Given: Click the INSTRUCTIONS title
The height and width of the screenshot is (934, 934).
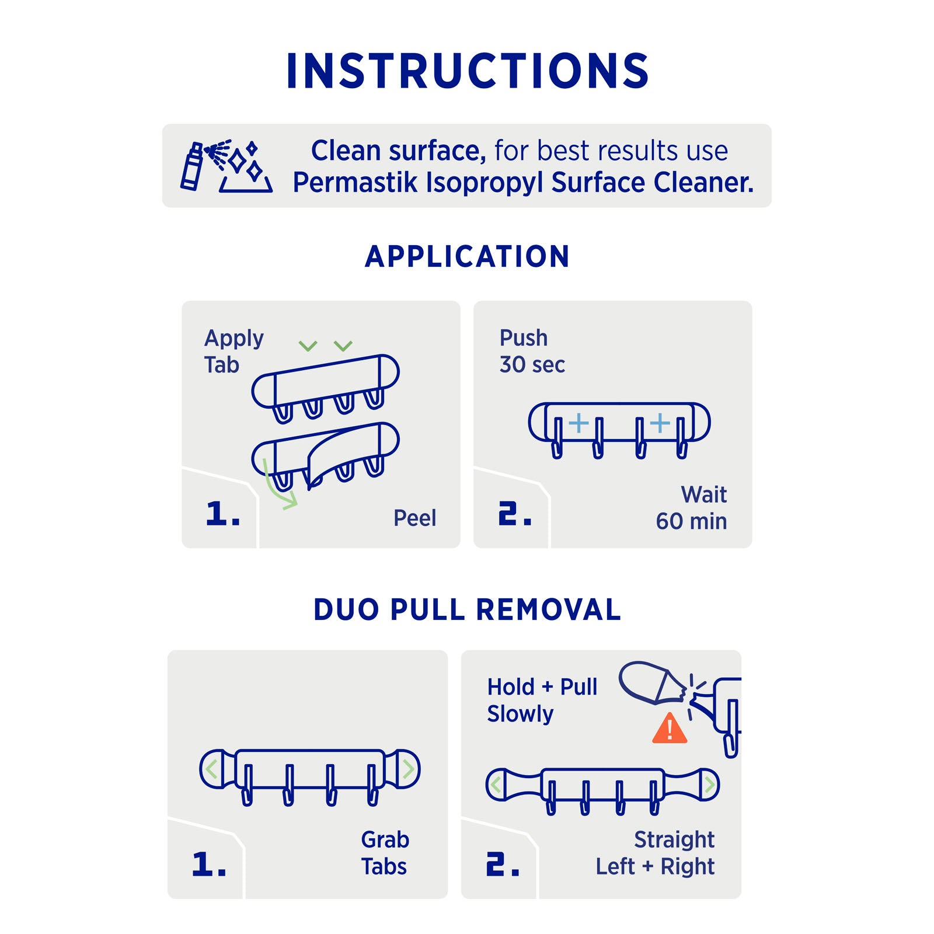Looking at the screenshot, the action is tap(467, 71).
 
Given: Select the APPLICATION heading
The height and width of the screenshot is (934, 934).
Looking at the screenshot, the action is tap(467, 257).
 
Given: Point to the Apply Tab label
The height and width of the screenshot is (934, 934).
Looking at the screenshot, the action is tap(233, 351).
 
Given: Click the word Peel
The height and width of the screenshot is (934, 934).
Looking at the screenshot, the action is tap(414, 518).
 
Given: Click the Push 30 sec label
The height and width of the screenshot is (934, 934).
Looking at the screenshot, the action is tap(532, 351).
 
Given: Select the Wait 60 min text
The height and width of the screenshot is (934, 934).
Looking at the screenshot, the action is tap(691, 508).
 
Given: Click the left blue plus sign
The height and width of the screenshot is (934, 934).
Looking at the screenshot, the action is tap(578, 423).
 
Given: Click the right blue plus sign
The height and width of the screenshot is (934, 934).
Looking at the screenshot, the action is tap(660, 423).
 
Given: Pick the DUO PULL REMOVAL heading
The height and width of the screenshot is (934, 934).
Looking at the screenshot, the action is tap(467, 610).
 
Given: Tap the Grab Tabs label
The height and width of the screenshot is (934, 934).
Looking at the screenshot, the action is tap(385, 853).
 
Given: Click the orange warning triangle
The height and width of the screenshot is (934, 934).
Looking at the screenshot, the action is tap(670, 728).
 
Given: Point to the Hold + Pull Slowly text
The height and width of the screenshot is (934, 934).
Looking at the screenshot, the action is tap(542, 700).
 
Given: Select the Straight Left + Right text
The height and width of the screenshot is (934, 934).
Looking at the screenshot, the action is tap(655, 853).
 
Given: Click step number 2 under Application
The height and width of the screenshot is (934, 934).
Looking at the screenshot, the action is tap(514, 514).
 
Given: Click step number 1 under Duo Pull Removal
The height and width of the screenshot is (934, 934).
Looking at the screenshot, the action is tap(208, 864).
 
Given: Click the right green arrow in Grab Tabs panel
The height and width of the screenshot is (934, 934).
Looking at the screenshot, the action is tap(408, 769).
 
